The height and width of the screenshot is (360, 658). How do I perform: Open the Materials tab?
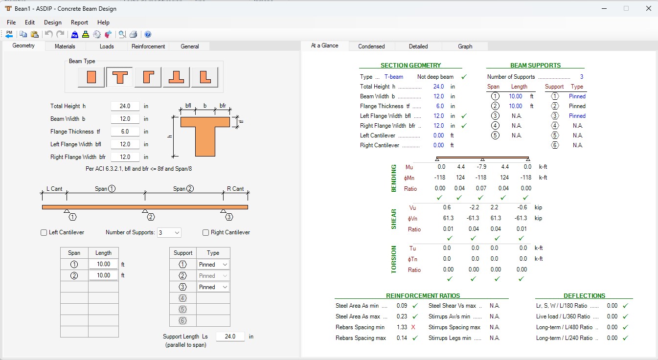click(65, 46)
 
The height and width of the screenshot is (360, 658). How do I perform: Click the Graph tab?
click(465, 46)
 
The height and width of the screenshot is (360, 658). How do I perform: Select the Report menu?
click(79, 22)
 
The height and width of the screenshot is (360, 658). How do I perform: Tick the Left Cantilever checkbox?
click(44, 232)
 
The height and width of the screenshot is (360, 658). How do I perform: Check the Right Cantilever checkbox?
click(205, 232)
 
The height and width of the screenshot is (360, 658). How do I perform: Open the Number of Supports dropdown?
click(169, 232)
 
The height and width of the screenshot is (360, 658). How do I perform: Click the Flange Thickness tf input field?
click(125, 132)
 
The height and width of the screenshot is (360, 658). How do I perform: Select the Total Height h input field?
click(125, 106)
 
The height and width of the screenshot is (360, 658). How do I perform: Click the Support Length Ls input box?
click(230, 337)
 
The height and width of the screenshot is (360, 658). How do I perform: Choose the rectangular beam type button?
click(91, 77)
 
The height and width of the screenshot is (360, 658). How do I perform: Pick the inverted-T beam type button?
click(176, 77)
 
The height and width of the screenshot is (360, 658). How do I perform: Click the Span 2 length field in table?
click(103, 275)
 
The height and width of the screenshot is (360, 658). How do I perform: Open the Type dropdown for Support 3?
click(213, 287)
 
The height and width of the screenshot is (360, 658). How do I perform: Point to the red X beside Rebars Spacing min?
click(413, 327)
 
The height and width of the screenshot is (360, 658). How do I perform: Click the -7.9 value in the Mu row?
click(481, 167)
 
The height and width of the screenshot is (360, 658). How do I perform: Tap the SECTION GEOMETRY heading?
click(410, 65)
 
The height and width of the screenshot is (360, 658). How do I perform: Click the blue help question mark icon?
click(148, 34)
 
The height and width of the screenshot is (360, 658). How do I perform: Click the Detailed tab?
click(418, 46)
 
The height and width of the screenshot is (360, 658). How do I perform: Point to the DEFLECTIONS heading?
click(584, 296)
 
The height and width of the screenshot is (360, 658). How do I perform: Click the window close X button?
click(649, 8)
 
